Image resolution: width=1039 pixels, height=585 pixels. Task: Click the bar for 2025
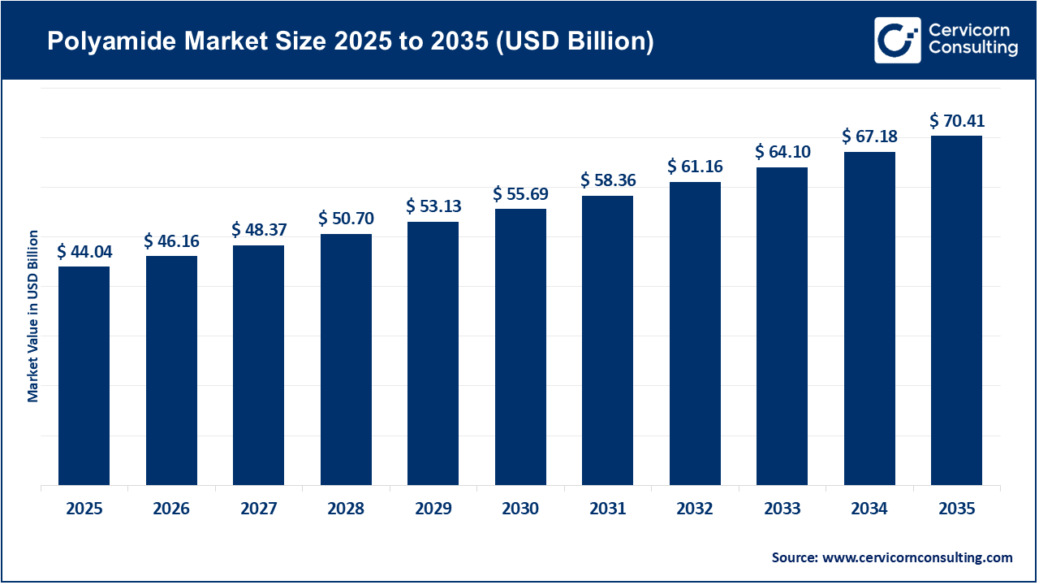pyautogui.click(x=84, y=375)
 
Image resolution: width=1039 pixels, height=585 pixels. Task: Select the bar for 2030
pyautogui.click(x=520, y=347)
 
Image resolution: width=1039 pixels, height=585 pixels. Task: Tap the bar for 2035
pyautogui.click(x=956, y=310)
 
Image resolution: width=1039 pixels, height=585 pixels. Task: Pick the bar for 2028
pyautogui.click(x=346, y=359)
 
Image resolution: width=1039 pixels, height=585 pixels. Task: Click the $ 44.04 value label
pyautogui.click(x=84, y=252)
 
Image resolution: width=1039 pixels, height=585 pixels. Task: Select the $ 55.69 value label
pyautogui.click(x=520, y=194)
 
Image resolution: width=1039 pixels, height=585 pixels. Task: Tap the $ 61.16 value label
pyautogui.click(x=695, y=167)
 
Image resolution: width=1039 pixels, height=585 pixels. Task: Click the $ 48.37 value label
pyautogui.click(x=258, y=231)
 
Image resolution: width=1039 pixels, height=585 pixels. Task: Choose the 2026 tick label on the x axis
pyautogui.click(x=171, y=509)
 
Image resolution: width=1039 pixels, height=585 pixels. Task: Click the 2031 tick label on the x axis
pyautogui.click(x=607, y=509)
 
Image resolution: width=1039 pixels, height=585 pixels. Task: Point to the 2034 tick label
pyautogui.click(x=869, y=509)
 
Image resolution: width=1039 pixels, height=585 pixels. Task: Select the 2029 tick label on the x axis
pyautogui.click(x=433, y=509)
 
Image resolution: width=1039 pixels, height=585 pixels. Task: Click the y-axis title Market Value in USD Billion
pyautogui.click(x=33, y=316)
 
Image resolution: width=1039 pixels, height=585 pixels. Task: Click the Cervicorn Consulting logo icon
pyautogui.click(x=897, y=40)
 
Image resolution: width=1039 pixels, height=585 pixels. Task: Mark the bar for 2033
pyautogui.click(x=782, y=327)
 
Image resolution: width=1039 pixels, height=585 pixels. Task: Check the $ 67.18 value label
pyautogui.click(x=869, y=136)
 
